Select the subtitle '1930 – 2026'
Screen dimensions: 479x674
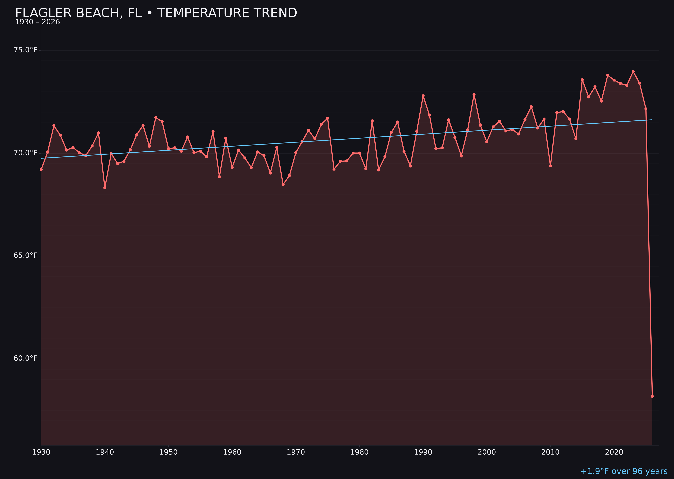[x=37, y=22]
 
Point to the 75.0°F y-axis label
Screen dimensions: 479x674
[x=25, y=50]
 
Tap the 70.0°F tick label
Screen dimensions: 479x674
[x=25, y=153]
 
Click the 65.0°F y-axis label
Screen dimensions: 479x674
[x=25, y=256]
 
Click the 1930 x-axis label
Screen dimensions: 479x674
[x=41, y=452]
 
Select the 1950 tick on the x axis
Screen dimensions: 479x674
[x=168, y=452]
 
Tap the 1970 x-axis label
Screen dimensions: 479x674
[x=296, y=452]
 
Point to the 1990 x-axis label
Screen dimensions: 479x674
[x=423, y=452]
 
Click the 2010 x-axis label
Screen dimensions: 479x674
[x=550, y=452]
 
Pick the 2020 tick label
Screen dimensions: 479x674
[x=614, y=452]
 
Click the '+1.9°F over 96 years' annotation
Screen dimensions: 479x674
[x=624, y=471]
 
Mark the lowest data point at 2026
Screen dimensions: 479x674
[x=652, y=396]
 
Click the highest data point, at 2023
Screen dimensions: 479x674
[x=633, y=71]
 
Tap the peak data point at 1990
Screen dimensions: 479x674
[x=423, y=96]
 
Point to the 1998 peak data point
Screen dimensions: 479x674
[x=474, y=94]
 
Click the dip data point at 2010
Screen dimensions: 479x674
[x=550, y=166]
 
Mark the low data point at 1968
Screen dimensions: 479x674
[x=283, y=184]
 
